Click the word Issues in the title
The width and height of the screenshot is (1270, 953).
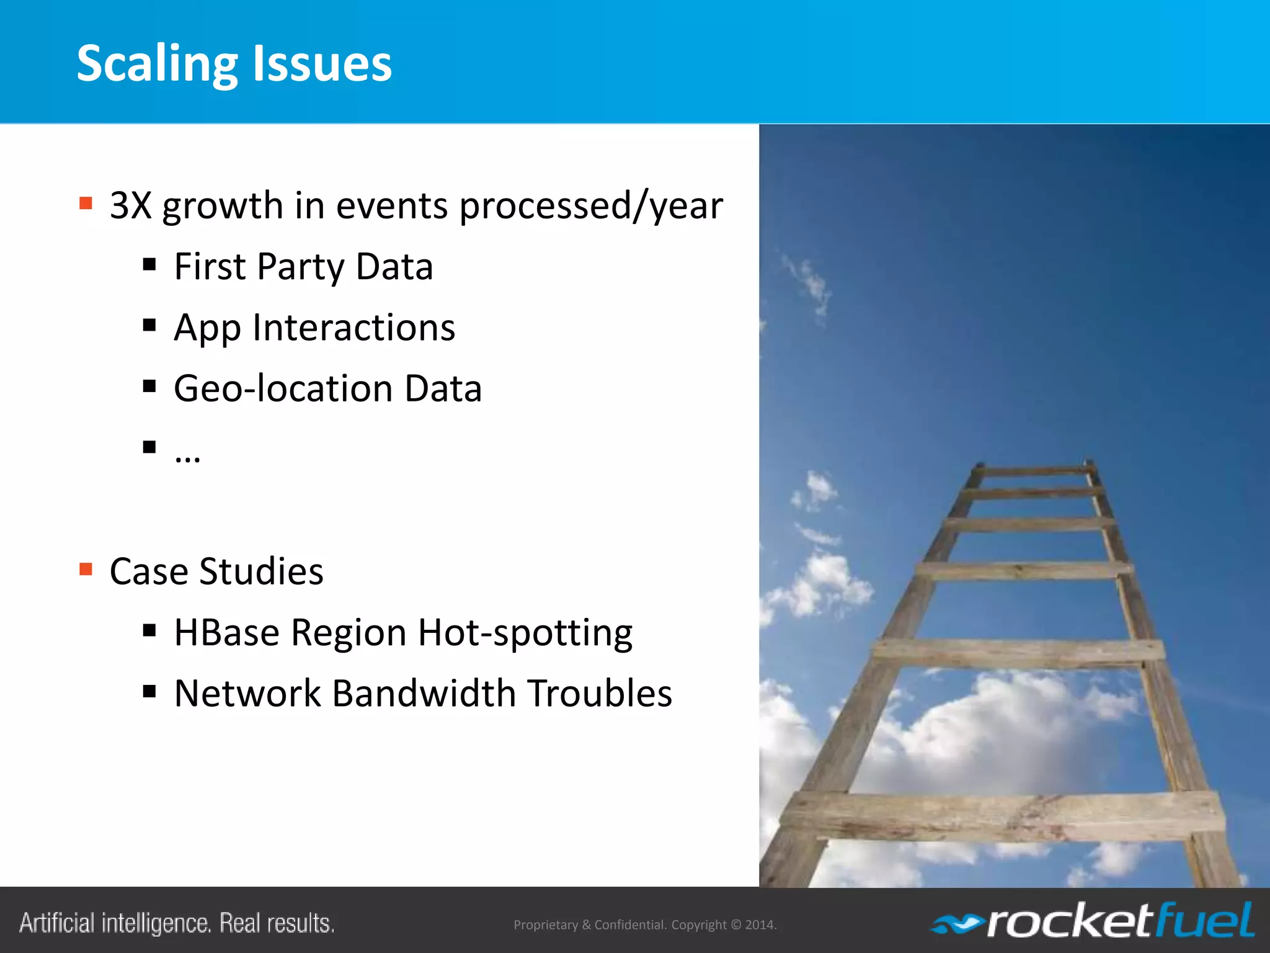(322, 64)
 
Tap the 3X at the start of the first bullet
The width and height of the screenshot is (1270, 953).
(130, 205)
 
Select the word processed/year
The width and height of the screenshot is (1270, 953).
(590, 205)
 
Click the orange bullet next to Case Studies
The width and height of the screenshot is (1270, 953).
(86, 569)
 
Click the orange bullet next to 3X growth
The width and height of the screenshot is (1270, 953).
(86, 203)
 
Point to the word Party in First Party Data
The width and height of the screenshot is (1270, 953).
(300, 267)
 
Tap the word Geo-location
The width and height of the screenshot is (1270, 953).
(283, 389)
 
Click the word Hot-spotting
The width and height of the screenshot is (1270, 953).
(525, 633)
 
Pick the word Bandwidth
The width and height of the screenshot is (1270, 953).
(424, 694)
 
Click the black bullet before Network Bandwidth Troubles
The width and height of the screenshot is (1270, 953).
(149, 691)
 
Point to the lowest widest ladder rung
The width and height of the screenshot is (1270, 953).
(998, 816)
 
